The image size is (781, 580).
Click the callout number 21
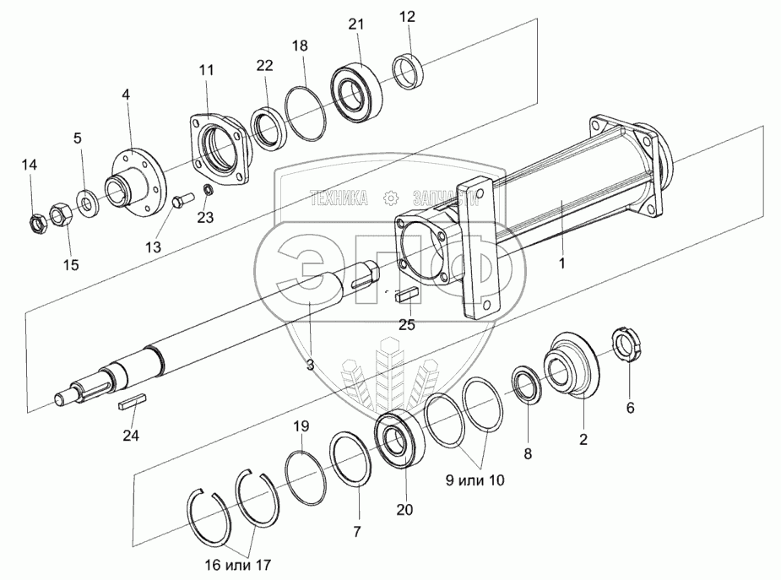355,25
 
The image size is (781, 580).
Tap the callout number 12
407,17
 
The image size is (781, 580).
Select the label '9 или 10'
475,480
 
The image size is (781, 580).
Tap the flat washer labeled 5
87,201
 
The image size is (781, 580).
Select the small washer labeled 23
209,189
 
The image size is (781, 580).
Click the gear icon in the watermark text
390,197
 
